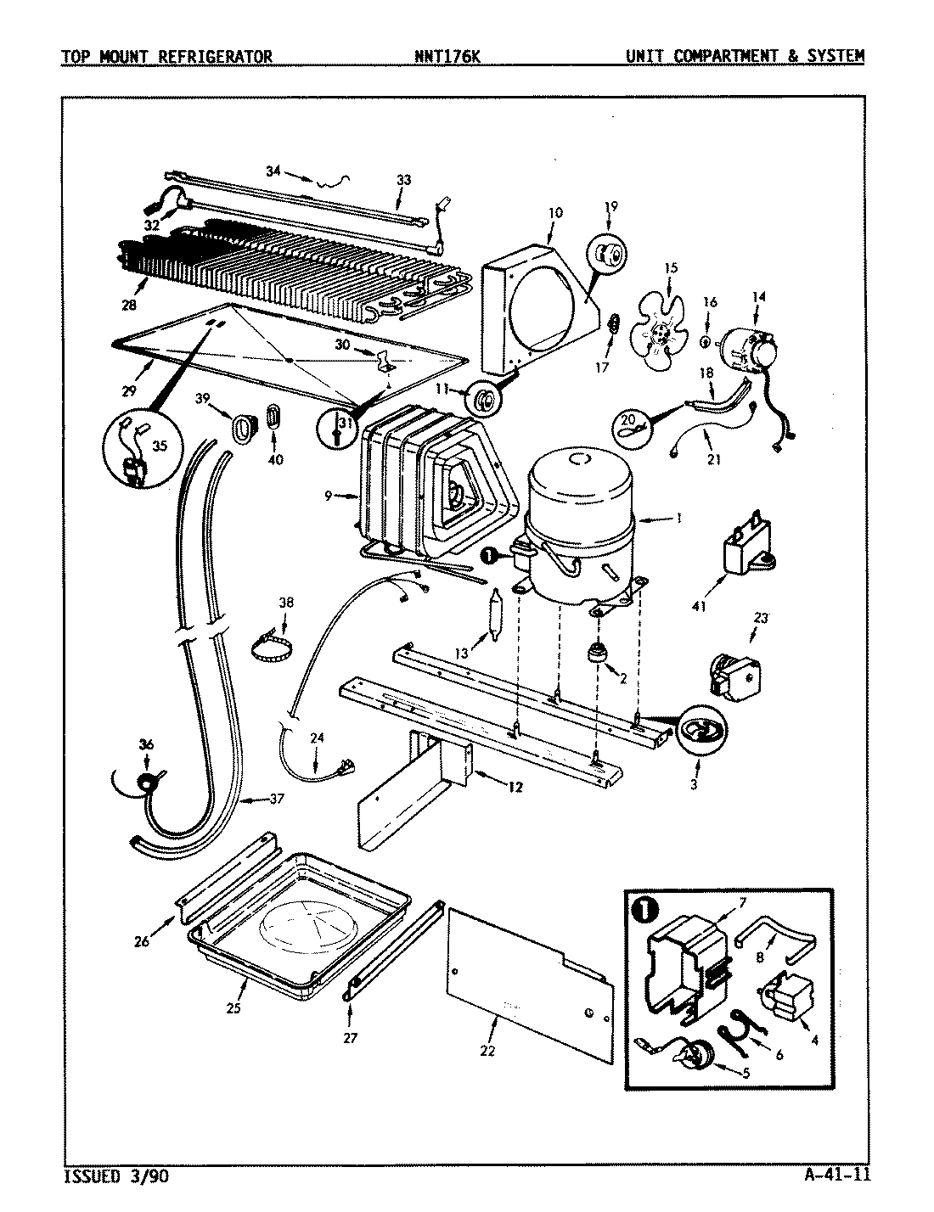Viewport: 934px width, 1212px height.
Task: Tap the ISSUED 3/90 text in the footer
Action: coord(110,1176)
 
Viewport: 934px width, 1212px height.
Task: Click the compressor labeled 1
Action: coord(580,526)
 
